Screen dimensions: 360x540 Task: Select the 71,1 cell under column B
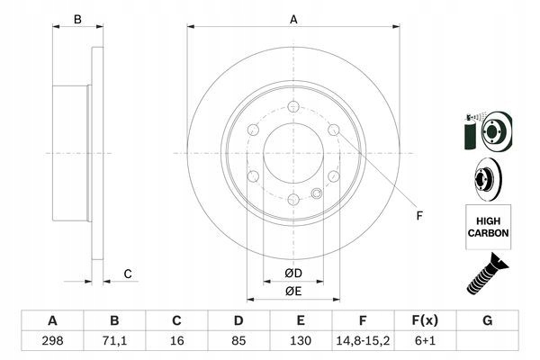click(114, 342)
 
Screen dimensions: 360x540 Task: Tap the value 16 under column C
click(177, 342)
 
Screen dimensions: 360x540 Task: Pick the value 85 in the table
click(239, 342)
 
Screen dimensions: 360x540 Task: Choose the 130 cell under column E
click(301, 342)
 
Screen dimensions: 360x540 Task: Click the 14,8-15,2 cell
click(364, 342)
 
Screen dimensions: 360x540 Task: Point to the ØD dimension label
click(293, 273)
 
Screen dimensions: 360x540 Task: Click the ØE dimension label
click(293, 291)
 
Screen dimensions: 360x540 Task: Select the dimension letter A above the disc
click(293, 18)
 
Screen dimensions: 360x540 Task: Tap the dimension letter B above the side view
click(77, 19)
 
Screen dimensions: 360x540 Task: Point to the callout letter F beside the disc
click(418, 215)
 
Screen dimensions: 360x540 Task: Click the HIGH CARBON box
click(489, 226)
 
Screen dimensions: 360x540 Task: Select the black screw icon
click(486, 274)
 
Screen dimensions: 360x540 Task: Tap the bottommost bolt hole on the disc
click(293, 199)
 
